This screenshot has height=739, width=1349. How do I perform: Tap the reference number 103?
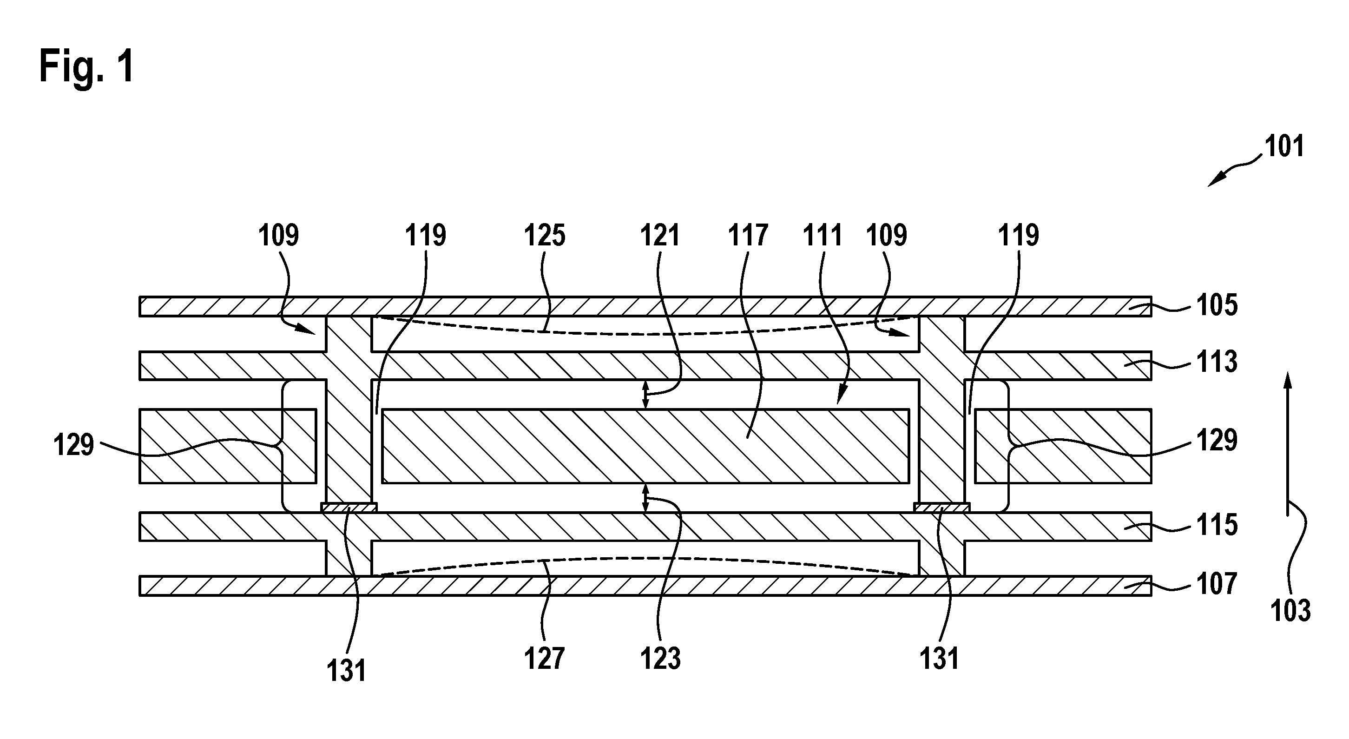click(x=1291, y=611)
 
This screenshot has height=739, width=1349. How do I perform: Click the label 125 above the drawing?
click(x=545, y=236)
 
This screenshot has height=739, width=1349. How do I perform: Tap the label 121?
click(x=660, y=236)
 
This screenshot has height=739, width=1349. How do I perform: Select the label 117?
click(x=748, y=236)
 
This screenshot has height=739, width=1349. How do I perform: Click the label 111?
click(x=823, y=236)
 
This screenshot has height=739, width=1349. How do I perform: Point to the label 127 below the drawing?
click(x=545, y=658)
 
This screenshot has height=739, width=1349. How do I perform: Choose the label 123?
click(x=660, y=658)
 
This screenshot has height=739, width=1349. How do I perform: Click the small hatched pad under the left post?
click(x=348, y=508)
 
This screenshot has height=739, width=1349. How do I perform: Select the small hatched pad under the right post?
click(x=941, y=508)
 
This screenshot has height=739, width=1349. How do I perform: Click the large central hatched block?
click(x=645, y=446)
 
